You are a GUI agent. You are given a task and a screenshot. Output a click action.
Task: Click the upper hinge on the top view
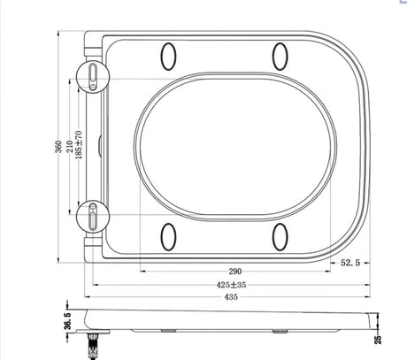coord(95,76)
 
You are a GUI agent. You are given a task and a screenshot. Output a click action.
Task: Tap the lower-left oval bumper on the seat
coord(168,235)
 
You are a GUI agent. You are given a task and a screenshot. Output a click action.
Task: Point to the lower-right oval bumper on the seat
coord(281,235)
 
